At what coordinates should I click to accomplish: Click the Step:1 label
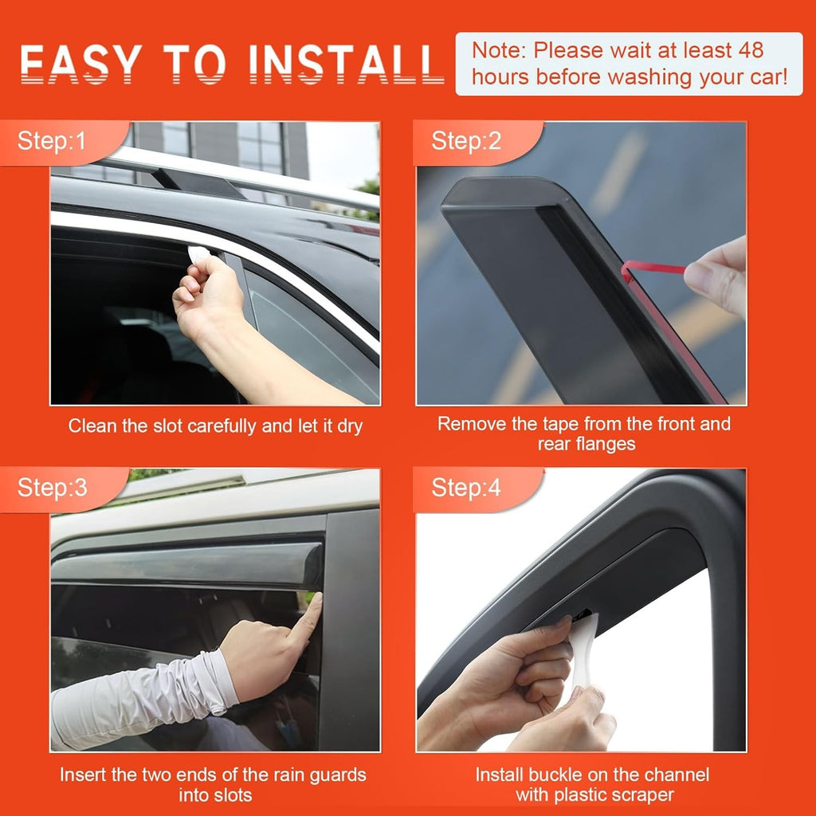(x=51, y=142)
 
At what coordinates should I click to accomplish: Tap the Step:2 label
(x=466, y=142)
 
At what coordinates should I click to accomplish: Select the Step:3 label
(x=53, y=488)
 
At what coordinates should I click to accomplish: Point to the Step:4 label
(x=466, y=488)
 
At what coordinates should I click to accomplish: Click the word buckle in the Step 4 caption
(x=559, y=775)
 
